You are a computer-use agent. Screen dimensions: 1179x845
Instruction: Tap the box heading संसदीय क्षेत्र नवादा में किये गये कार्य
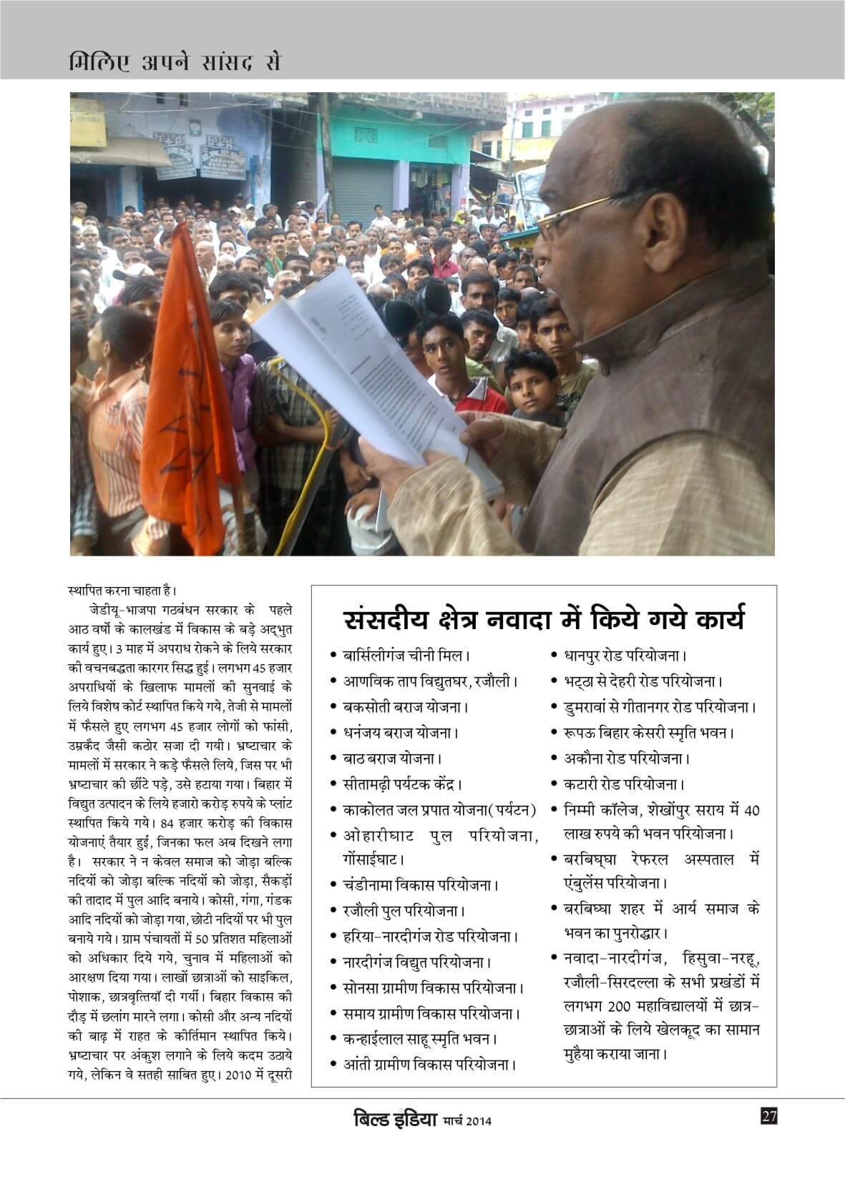point(544,619)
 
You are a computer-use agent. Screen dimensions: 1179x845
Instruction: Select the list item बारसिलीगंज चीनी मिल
point(405,655)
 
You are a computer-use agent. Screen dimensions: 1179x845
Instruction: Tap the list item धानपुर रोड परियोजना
point(622,655)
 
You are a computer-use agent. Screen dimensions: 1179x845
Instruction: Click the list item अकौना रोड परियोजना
point(622,758)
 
